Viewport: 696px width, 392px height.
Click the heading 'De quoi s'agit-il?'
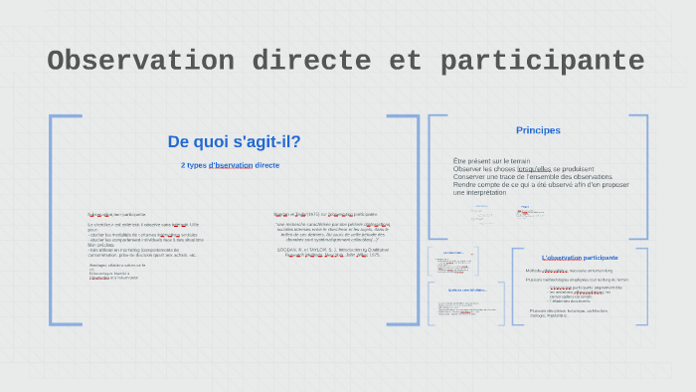point(234,141)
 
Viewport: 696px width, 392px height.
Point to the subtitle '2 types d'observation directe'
point(231,165)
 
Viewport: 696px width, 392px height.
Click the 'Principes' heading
point(538,130)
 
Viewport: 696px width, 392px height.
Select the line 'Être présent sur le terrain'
point(491,160)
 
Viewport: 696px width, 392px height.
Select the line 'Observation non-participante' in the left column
point(116,214)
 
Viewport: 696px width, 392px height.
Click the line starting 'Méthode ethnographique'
point(569,271)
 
